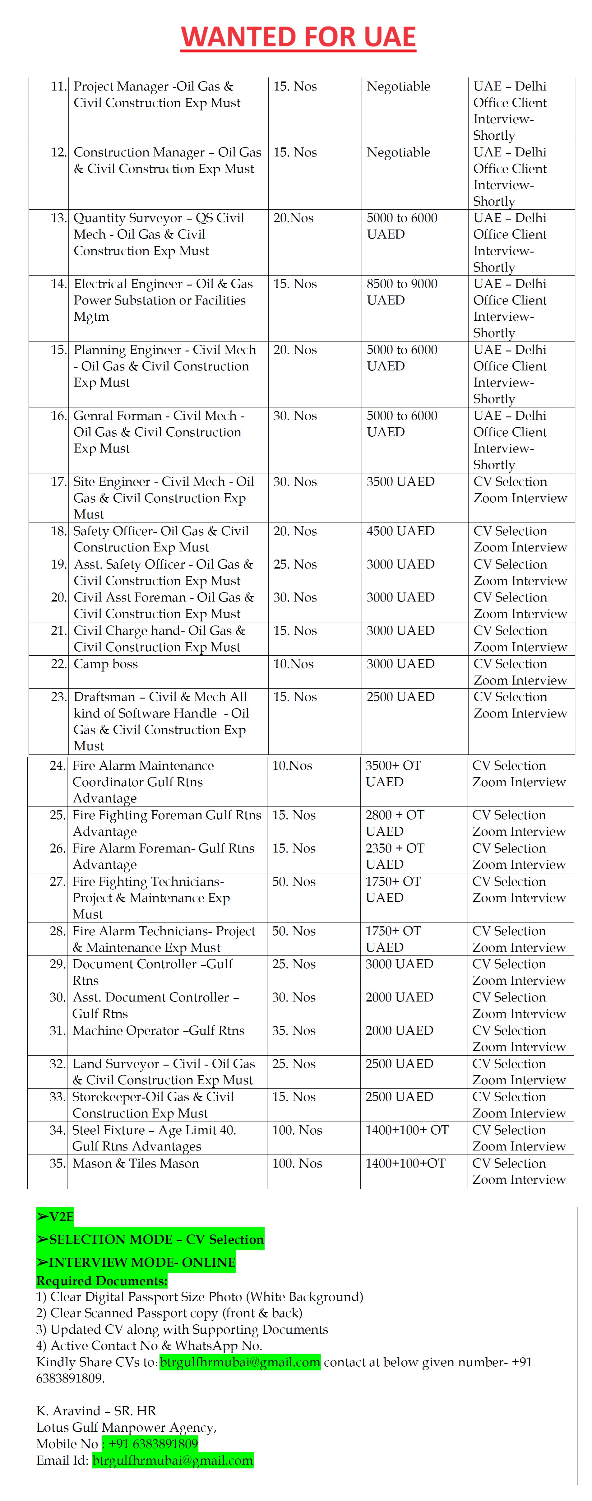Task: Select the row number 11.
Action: (58, 86)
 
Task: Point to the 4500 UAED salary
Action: (400, 531)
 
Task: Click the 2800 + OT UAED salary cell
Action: (395, 823)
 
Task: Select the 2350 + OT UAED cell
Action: (395, 856)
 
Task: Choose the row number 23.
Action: (58, 697)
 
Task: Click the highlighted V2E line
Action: (55, 1217)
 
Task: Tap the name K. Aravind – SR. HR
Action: (96, 1411)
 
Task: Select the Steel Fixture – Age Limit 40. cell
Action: (154, 1138)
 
